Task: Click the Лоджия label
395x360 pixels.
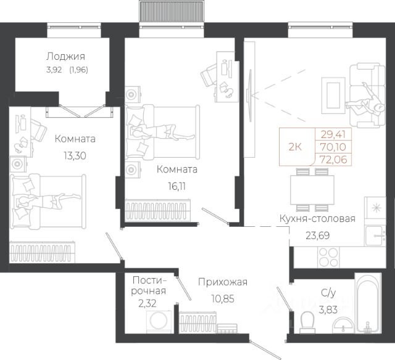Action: pos(65,57)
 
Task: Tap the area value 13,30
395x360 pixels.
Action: pos(75,156)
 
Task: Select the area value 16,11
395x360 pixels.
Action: pos(177,186)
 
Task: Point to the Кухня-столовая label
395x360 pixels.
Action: pos(317,219)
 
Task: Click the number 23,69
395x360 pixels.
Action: pos(318,235)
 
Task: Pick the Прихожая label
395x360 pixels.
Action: pos(223,282)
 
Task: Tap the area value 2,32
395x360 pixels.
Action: pos(148,303)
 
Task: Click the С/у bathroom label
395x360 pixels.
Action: pos(328,293)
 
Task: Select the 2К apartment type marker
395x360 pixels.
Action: pos(295,147)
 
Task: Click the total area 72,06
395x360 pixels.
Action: pos(333,160)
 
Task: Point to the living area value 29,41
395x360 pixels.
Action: pos(333,134)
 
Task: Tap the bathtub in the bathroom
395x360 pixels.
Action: pos(368,303)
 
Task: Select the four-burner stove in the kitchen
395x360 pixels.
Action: pos(328,257)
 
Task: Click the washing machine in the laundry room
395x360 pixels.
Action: pos(159,322)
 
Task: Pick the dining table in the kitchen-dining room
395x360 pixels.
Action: pos(312,190)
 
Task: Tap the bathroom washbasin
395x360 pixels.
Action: pos(343,325)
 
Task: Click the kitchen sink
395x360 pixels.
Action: pos(375,235)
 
